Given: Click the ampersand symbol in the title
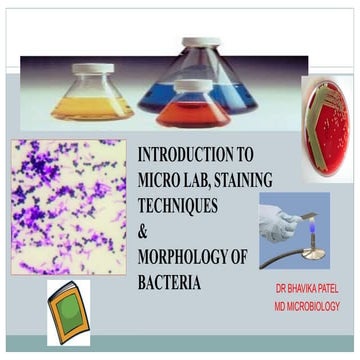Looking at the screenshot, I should pyautogui.click(x=144, y=231).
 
